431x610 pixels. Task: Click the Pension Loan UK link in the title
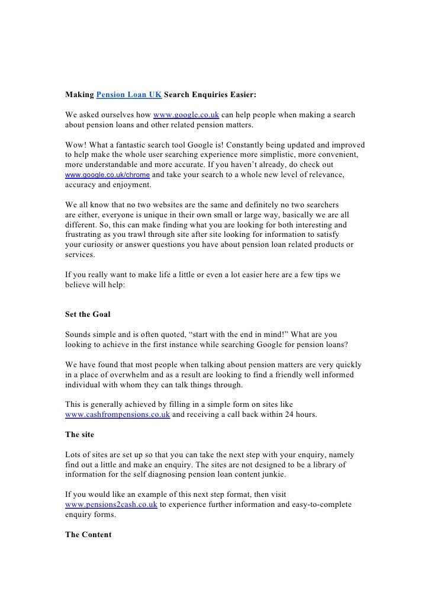point(128,94)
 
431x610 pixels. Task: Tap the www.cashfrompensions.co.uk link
point(117,415)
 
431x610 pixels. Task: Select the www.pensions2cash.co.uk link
point(111,505)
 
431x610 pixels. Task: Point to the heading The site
point(79,434)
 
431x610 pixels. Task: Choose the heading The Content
point(88,535)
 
